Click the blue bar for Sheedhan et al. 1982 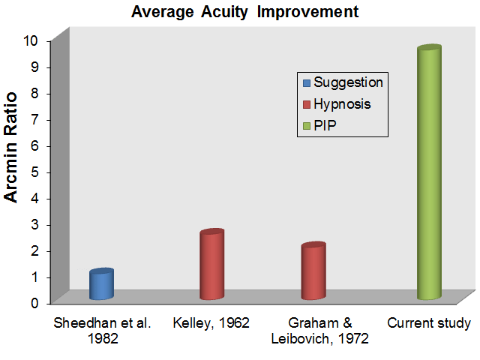click(x=102, y=283)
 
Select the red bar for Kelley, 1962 click(x=211, y=264)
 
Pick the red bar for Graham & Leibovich click(x=313, y=271)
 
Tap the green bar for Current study click(x=429, y=172)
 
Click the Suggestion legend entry click(x=343, y=82)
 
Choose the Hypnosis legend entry click(x=337, y=104)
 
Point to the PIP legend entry click(x=319, y=125)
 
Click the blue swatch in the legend click(x=307, y=83)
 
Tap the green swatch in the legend click(x=307, y=126)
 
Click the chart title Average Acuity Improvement click(x=245, y=12)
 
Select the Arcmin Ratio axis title click(x=10, y=147)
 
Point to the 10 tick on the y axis click(x=31, y=40)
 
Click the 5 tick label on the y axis click(x=34, y=172)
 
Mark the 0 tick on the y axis click(x=34, y=303)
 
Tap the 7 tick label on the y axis click(x=34, y=120)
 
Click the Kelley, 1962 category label click(x=211, y=323)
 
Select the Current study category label click(x=429, y=324)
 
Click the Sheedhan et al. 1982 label click(x=102, y=331)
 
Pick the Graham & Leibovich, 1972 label click(x=320, y=331)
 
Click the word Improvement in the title click(x=308, y=12)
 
